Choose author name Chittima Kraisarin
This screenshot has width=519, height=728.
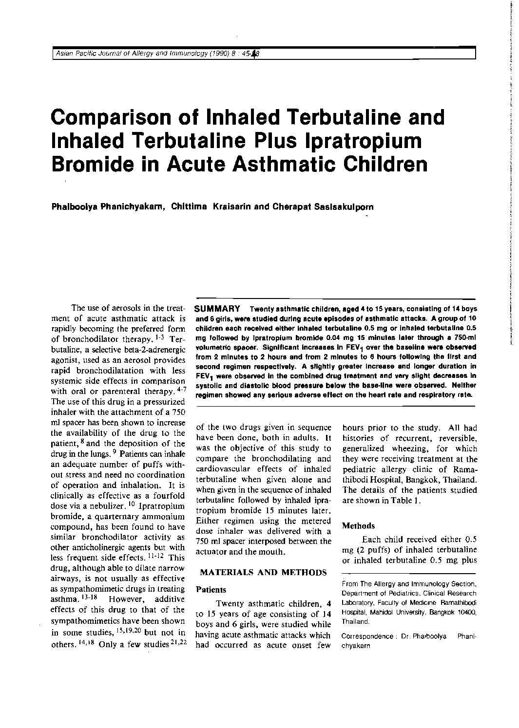pyautogui.click(x=211, y=206)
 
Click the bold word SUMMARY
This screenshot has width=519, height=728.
pyautogui.click(x=217, y=309)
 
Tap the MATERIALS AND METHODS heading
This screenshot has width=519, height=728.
pyautogui.click(x=264, y=572)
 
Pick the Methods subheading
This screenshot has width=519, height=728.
pyautogui.click(x=358, y=525)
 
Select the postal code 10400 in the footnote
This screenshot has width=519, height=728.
pyautogui.click(x=466, y=612)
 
